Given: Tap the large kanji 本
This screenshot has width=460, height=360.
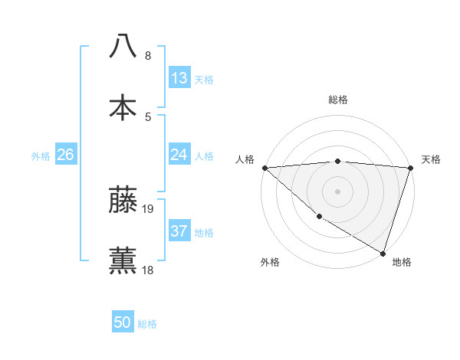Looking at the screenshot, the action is click(x=123, y=107).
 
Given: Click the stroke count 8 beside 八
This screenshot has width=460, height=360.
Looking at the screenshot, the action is click(x=148, y=56).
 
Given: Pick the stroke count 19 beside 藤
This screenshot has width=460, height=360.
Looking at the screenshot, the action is click(x=149, y=208).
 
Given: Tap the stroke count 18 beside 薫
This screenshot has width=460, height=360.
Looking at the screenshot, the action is click(x=149, y=270).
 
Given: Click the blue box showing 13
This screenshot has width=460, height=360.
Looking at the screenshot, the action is click(x=179, y=78).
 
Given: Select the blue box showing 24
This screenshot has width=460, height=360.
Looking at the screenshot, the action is click(x=179, y=155).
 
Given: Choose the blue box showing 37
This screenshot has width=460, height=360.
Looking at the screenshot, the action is click(x=179, y=231).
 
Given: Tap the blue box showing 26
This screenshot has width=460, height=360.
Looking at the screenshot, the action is click(x=65, y=155).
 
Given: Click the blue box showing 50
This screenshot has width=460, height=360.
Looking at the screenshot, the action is click(x=123, y=322).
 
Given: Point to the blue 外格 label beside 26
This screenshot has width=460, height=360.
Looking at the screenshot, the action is click(x=41, y=155).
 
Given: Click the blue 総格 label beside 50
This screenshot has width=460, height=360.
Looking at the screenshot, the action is click(x=147, y=324).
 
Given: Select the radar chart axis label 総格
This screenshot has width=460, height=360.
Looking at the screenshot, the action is click(x=337, y=100).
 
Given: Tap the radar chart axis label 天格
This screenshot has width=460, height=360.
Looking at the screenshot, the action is click(x=431, y=159).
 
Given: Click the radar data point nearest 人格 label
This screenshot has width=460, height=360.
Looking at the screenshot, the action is click(x=264, y=168).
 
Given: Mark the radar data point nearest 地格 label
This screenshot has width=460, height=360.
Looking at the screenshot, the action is click(x=383, y=253).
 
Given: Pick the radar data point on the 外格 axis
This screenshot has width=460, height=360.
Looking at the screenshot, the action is click(x=319, y=217).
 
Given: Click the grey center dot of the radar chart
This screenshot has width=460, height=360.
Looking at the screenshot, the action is click(x=337, y=191).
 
